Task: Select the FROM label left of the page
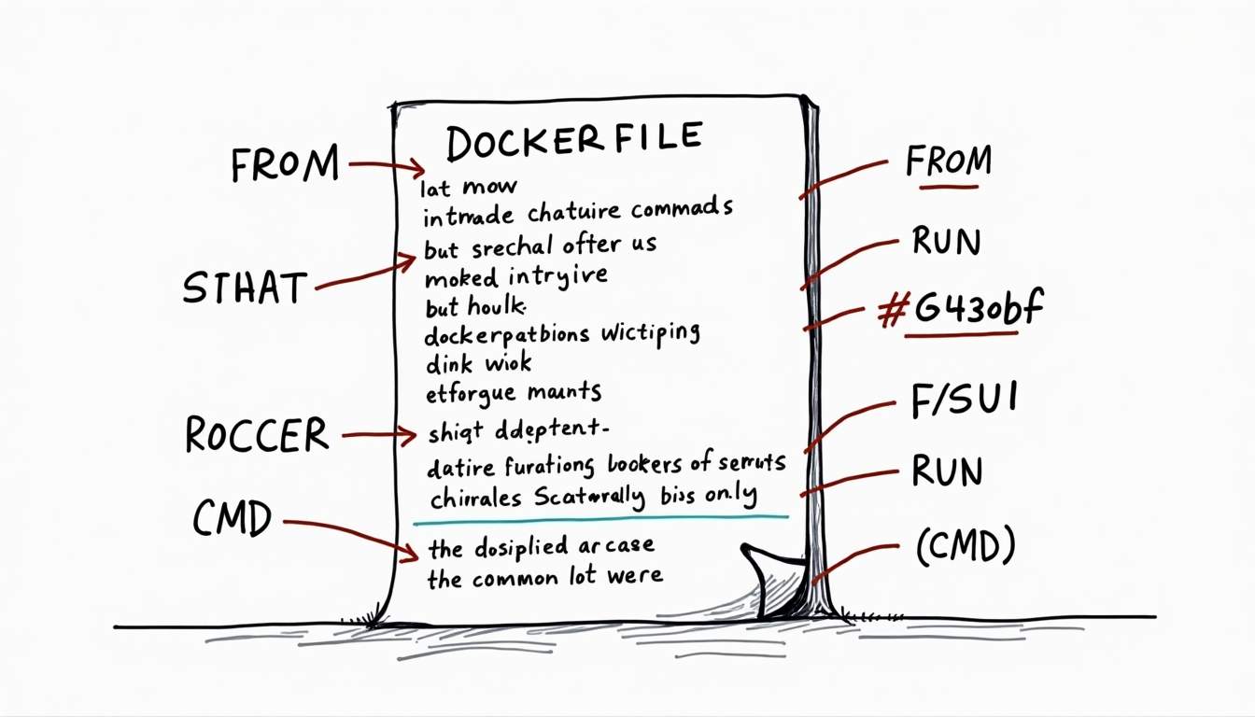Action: click(x=284, y=166)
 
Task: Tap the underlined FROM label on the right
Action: click(x=948, y=162)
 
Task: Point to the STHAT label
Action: click(x=245, y=288)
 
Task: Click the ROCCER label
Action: click(x=257, y=435)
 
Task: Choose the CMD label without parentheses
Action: click(x=233, y=518)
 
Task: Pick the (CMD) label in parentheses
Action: click(x=965, y=548)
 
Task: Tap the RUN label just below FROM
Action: click(x=946, y=242)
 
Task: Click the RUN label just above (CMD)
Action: click(x=947, y=471)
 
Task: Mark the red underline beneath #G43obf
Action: click(x=961, y=333)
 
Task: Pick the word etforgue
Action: click(x=466, y=392)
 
